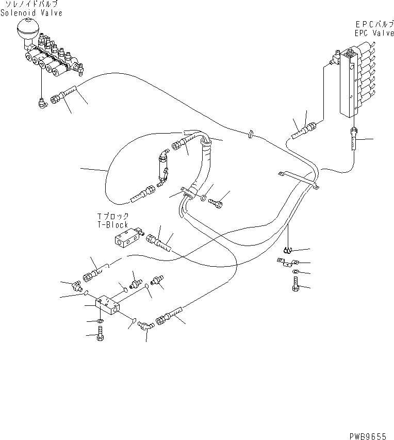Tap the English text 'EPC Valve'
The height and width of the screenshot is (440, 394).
tap(374, 32)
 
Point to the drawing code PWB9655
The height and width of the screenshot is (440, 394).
tap(368, 436)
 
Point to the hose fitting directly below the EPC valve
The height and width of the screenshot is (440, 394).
tap(354, 138)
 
